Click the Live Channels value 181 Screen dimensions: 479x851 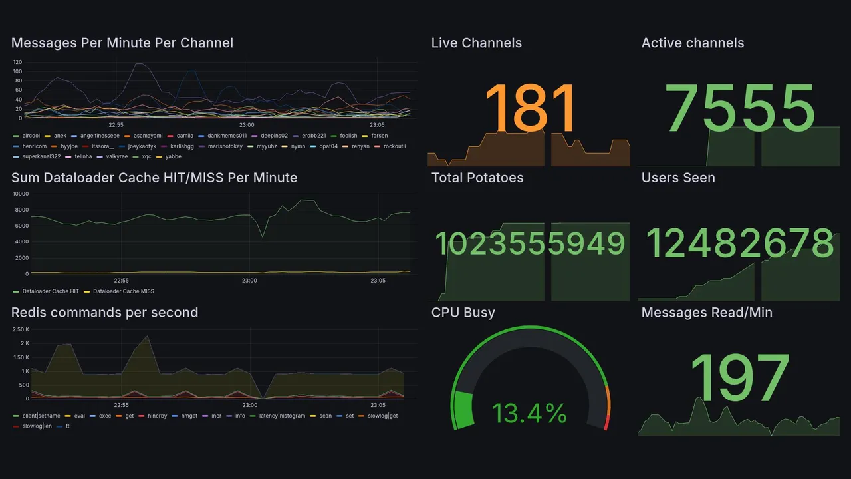click(529, 109)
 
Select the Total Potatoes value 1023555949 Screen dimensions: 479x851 click(529, 243)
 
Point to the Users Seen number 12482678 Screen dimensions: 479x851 click(739, 243)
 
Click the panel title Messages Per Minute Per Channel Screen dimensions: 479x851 click(122, 43)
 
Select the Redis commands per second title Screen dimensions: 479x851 click(104, 313)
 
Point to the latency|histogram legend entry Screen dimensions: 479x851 click(279, 416)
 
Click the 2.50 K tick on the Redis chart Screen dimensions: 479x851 click(20, 329)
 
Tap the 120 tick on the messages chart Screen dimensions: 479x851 click(17, 62)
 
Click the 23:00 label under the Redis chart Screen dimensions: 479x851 click(249, 405)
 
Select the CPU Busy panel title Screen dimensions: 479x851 click(463, 313)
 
